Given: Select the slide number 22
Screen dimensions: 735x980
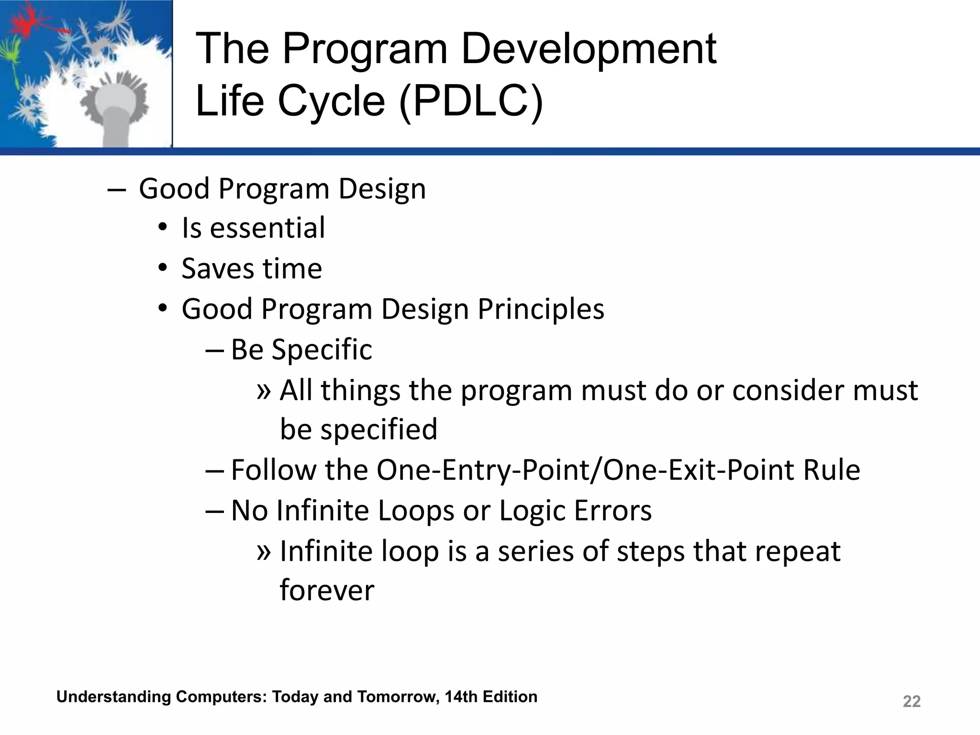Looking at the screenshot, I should tap(911, 702).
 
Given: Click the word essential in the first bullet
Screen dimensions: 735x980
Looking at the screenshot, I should tap(267, 228).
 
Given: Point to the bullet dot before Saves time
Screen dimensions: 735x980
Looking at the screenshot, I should tap(163, 268).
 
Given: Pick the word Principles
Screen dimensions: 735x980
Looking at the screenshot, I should tap(541, 309).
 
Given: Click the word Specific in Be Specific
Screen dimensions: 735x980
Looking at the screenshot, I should tap(322, 350).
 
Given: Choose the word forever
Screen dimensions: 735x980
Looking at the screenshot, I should tap(327, 590).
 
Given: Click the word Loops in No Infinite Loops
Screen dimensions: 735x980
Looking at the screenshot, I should tap(415, 511).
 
